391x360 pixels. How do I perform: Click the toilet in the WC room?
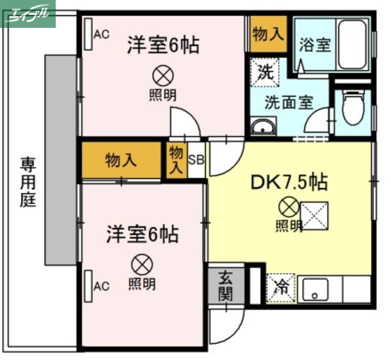[x=353, y=108]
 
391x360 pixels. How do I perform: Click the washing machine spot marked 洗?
[x=264, y=72]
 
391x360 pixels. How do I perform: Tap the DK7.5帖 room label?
[x=288, y=182]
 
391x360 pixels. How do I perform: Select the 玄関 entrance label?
[x=225, y=285]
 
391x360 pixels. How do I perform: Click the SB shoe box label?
[x=196, y=159]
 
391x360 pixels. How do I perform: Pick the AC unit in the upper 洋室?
[x=88, y=34]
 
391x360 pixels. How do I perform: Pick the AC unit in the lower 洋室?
[x=88, y=286]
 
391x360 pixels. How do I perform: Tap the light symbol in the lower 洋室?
[x=142, y=265]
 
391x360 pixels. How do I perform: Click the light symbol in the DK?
[x=288, y=207]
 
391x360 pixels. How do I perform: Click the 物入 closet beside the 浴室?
[x=268, y=34]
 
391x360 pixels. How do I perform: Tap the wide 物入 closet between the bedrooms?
[x=121, y=160]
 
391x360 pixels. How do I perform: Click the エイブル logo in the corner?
[x=28, y=14]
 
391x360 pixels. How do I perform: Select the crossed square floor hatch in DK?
[x=314, y=215]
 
